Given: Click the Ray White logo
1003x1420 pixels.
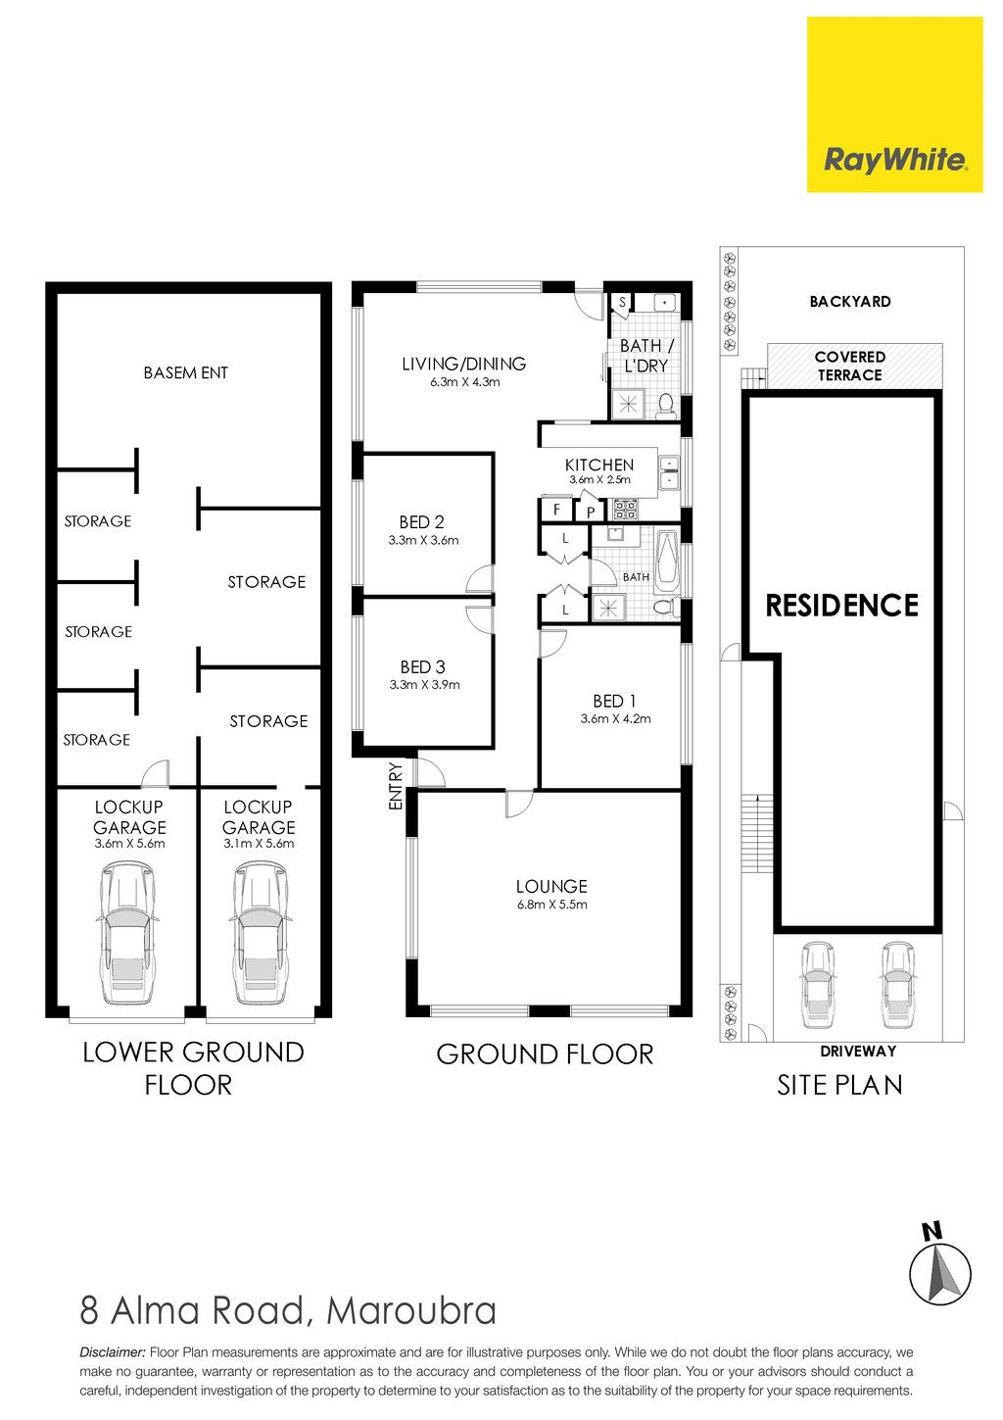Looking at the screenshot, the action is [894, 105].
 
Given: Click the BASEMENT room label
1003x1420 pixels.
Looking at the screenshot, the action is [186, 372].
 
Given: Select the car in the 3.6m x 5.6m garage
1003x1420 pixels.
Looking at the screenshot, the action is [127, 933].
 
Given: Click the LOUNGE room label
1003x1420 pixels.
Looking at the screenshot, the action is [551, 886].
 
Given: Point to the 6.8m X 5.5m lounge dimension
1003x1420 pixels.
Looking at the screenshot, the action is [551, 905].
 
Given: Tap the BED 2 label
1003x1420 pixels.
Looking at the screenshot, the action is [421, 522].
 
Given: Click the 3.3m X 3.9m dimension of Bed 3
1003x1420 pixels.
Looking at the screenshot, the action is [424, 685].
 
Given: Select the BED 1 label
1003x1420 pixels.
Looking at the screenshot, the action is [614, 701].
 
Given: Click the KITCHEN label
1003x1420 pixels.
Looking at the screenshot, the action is [599, 465].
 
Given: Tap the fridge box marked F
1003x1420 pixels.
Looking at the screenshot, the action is [555, 509].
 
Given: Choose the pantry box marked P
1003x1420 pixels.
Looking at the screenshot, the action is [591, 511].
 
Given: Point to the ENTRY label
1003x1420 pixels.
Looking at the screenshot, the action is [396, 786].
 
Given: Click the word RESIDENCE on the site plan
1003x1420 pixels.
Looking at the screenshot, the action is [842, 606].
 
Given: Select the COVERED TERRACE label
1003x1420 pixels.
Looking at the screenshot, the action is [849, 367].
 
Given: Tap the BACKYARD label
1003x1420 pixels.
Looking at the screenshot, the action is [850, 302].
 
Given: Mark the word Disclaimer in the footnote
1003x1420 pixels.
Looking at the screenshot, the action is [113, 1352].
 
